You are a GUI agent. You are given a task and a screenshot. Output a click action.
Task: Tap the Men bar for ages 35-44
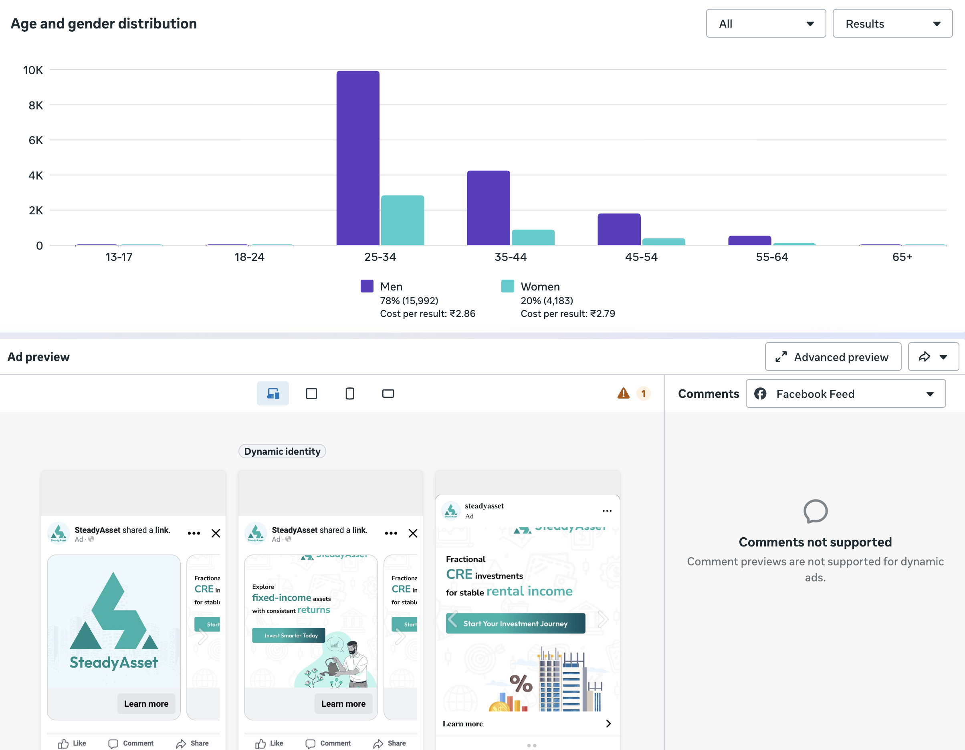(x=488, y=208)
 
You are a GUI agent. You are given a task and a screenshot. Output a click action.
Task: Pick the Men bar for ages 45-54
(x=619, y=229)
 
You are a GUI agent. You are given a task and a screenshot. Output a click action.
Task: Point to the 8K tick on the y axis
(x=35, y=105)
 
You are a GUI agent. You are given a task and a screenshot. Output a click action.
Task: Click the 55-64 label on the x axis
(x=771, y=257)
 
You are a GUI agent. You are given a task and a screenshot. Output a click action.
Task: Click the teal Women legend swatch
(x=507, y=286)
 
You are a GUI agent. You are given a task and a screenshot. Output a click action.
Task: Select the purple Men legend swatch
(x=367, y=286)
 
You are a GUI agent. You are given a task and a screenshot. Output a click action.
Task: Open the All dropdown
(x=765, y=24)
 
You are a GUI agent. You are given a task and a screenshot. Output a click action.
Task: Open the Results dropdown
(x=892, y=24)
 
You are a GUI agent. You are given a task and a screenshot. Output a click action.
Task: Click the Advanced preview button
(x=832, y=357)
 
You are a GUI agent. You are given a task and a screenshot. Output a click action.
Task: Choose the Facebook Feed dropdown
(x=845, y=393)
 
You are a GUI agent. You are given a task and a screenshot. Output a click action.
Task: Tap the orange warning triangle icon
(x=623, y=393)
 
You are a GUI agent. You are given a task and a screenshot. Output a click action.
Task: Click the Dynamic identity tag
(x=282, y=452)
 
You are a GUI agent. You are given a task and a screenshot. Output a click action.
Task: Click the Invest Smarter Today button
(x=291, y=635)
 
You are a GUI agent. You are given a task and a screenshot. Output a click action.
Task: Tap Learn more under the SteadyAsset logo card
(x=146, y=704)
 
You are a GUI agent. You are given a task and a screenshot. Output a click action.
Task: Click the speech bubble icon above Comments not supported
(x=815, y=511)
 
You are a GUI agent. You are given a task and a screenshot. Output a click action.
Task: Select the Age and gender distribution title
(x=103, y=23)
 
